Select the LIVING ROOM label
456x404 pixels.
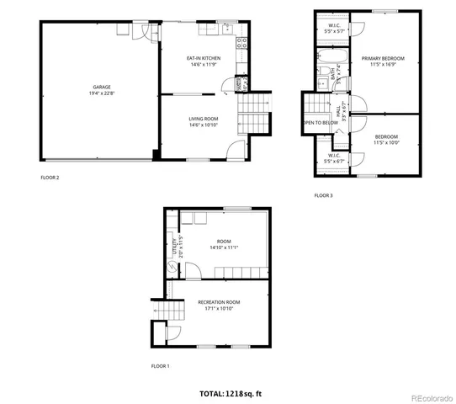[x=203, y=119]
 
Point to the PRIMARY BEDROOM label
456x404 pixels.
[x=383, y=58]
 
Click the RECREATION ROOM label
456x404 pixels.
[x=219, y=302]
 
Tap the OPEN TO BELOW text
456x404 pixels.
[x=321, y=123]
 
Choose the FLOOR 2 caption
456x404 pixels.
[x=50, y=178]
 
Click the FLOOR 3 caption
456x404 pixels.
[x=323, y=195]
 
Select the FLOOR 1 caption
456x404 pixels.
[x=160, y=366]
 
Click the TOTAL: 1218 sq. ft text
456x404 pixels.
[x=231, y=393]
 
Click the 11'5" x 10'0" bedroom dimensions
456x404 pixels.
[x=386, y=142]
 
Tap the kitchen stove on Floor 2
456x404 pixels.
[x=241, y=43]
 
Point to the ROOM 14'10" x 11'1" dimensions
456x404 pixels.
[x=223, y=247]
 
